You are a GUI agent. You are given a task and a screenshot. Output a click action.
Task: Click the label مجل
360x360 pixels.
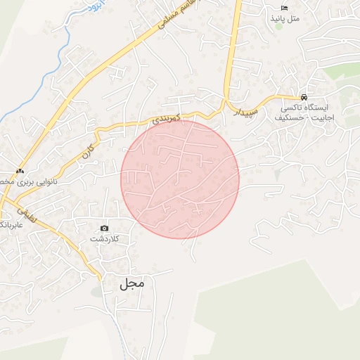(x=131, y=283)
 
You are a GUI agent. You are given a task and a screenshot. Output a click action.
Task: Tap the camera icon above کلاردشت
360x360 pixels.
(x=105, y=228)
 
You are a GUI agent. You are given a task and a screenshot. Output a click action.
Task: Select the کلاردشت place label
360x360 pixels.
(x=105, y=239)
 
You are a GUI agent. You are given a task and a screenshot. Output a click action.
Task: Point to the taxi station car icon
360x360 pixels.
(x=304, y=97)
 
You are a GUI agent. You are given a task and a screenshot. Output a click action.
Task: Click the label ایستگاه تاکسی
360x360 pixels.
(x=304, y=108)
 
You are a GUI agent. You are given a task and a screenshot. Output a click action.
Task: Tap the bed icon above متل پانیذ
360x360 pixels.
(x=284, y=7)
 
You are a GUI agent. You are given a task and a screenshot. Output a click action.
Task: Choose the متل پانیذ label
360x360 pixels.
(x=284, y=18)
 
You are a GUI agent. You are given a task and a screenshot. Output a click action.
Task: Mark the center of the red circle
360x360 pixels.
(x=180, y=179)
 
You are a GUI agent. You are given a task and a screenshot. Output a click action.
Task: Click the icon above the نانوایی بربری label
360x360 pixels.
(x=20, y=171)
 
